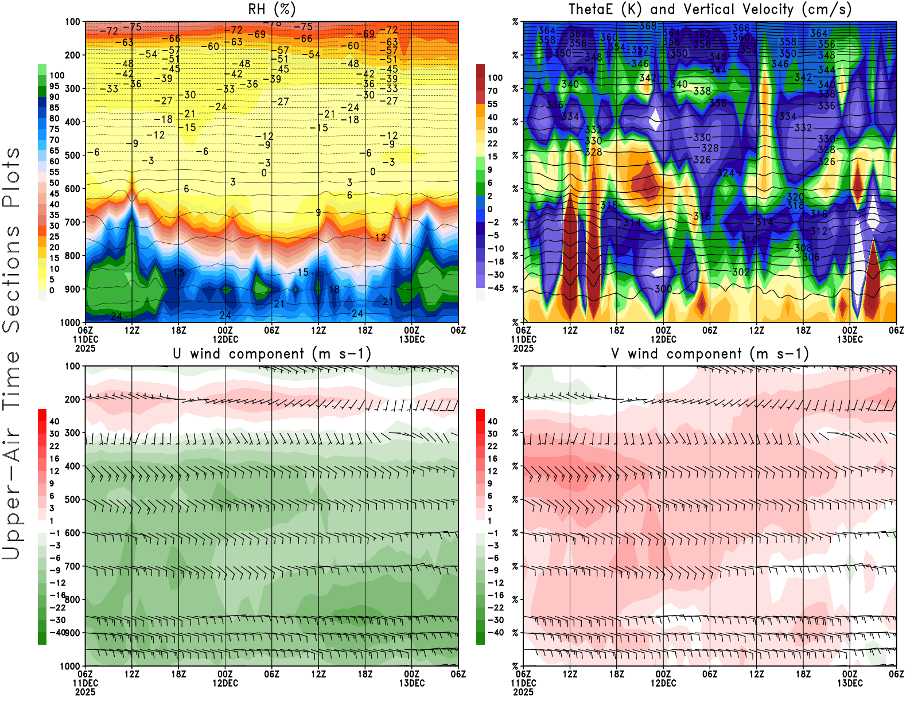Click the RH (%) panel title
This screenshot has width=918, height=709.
point(271,9)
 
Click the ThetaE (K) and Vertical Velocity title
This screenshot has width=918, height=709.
point(710,9)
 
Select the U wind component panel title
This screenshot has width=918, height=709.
point(271,354)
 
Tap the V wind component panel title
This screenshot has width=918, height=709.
point(710,354)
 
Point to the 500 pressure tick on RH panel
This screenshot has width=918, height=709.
point(73,155)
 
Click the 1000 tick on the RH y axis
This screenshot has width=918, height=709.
point(70,322)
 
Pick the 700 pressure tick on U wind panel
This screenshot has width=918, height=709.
point(73,566)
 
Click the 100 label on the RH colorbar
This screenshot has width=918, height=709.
point(57,75)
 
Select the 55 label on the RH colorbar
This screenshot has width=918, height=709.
point(55,172)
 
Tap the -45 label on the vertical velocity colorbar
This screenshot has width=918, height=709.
point(495,288)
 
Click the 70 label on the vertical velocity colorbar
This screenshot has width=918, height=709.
point(492,91)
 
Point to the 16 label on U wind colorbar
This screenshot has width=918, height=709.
point(55,458)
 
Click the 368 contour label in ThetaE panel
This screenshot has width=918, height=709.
point(647,26)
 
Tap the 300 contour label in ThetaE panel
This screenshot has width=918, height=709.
point(663,289)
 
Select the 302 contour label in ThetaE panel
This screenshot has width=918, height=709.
point(741,272)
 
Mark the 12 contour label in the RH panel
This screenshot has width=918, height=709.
point(381,237)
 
